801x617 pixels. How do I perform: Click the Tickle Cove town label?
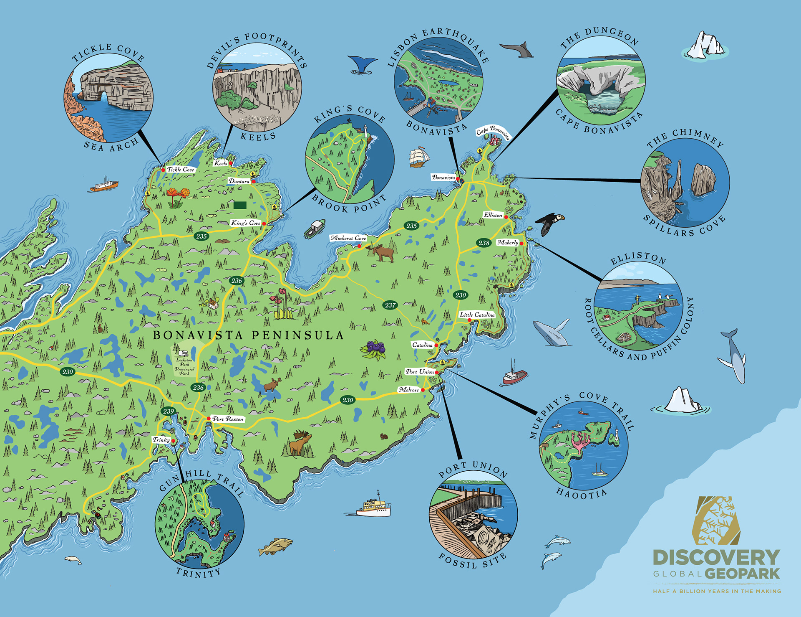[180, 170]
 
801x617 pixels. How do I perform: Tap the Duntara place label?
[239, 181]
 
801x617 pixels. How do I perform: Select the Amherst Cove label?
[348, 238]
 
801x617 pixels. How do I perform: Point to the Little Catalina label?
[477, 315]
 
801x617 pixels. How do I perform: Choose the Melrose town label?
[409, 390]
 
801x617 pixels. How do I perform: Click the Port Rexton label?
[228, 419]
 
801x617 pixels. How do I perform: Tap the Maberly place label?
[507, 242]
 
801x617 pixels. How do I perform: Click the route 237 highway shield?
[390, 305]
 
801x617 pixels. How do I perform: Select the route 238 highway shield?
[484, 243]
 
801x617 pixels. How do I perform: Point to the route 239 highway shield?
[169, 411]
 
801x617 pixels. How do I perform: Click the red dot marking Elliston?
[506, 217]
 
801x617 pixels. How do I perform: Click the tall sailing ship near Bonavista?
[419, 157]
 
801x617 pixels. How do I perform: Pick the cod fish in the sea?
[275, 546]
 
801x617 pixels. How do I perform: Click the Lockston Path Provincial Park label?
[184, 366]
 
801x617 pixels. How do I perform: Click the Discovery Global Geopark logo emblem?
[716, 520]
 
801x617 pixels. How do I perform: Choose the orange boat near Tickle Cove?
[104, 186]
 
